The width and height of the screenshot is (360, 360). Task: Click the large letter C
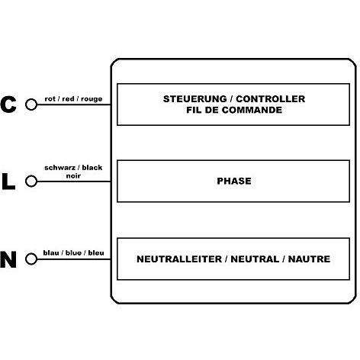[x=8, y=104]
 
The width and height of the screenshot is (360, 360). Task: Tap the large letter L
[x=8, y=182]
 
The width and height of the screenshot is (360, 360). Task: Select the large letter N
[x=8, y=259]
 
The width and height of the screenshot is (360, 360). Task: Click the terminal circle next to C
[x=31, y=104]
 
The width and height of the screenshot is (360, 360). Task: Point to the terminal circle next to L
[x=31, y=182]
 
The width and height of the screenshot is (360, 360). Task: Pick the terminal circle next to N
[x=31, y=259]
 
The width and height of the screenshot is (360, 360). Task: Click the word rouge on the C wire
[x=92, y=99]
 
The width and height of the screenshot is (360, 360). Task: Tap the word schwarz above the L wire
[x=59, y=168]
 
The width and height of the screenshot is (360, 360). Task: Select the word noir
[x=73, y=175]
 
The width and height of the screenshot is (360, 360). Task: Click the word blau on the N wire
[x=51, y=252]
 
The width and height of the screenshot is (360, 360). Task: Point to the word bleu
[x=96, y=252]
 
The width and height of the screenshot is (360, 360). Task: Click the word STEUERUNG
[x=195, y=99]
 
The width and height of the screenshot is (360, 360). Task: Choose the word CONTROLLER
[x=271, y=99]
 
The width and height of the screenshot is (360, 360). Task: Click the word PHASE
[x=234, y=181]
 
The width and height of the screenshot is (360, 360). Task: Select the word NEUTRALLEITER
[x=179, y=259]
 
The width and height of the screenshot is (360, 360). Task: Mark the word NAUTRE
[x=309, y=259]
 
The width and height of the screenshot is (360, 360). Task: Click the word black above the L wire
[x=92, y=168]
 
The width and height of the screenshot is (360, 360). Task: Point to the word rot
[x=50, y=99]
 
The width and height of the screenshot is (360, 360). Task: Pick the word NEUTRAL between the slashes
[x=255, y=259]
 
